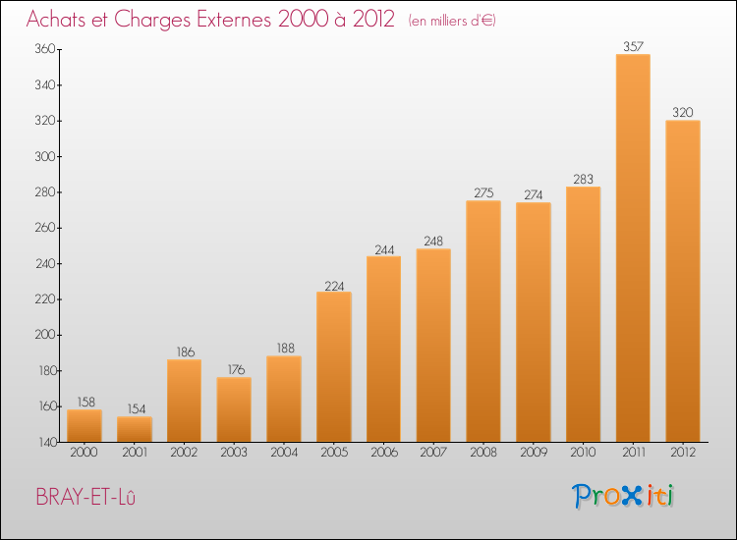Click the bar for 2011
click(x=633, y=247)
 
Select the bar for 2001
click(x=134, y=429)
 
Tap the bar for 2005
click(x=333, y=366)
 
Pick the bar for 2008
click(x=483, y=321)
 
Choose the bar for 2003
click(x=234, y=409)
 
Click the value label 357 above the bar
click(x=633, y=45)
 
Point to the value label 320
click(x=683, y=111)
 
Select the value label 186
click(x=184, y=351)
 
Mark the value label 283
click(x=583, y=178)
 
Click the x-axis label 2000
click(x=84, y=453)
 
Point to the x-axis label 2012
click(x=683, y=453)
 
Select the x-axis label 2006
click(x=383, y=453)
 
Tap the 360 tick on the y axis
click(x=45, y=50)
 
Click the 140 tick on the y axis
click(x=45, y=442)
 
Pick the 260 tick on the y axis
click(x=45, y=228)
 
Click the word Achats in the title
click(x=60, y=20)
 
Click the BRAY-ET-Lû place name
click(x=85, y=497)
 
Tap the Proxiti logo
click(x=624, y=496)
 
